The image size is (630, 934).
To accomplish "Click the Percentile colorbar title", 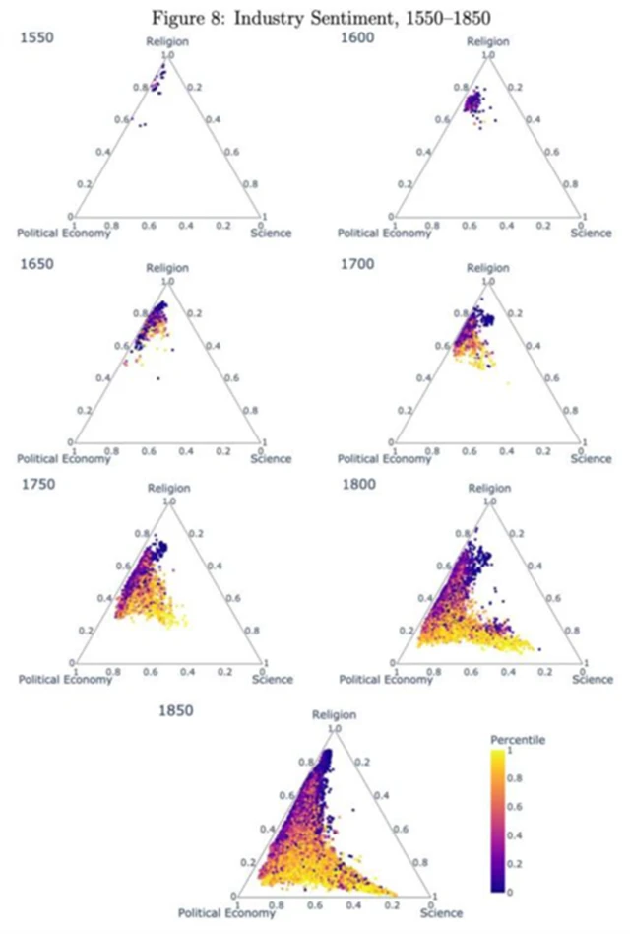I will click(519, 738).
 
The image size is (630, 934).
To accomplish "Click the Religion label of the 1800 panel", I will click(489, 489).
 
